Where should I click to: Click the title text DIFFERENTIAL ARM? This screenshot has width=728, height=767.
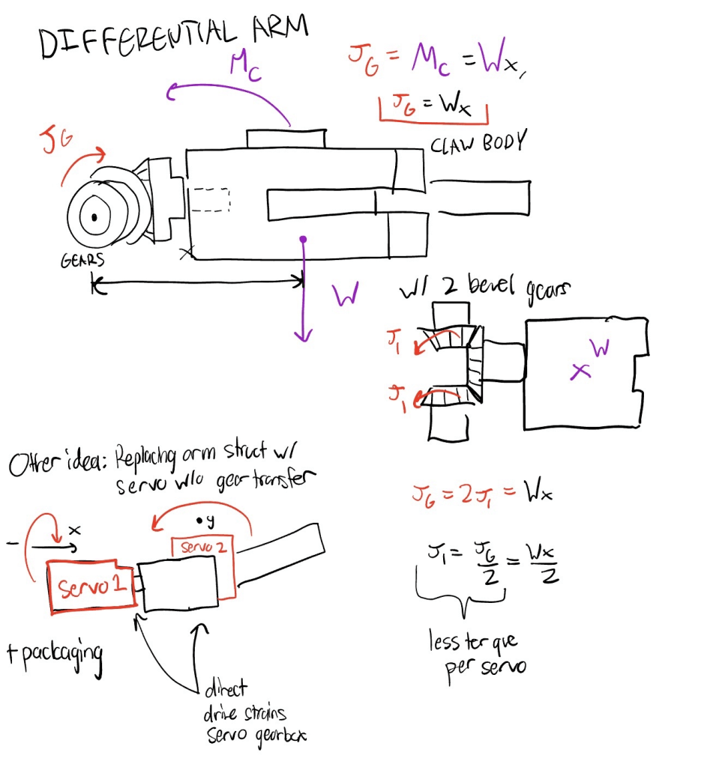click(x=174, y=37)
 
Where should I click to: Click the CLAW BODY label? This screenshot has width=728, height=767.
click(x=479, y=142)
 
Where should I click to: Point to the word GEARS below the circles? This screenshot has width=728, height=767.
click(x=82, y=261)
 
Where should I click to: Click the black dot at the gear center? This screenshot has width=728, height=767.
click(x=94, y=217)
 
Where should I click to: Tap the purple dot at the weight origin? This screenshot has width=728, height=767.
click(x=303, y=240)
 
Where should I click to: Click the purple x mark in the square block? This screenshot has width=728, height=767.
click(x=578, y=371)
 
